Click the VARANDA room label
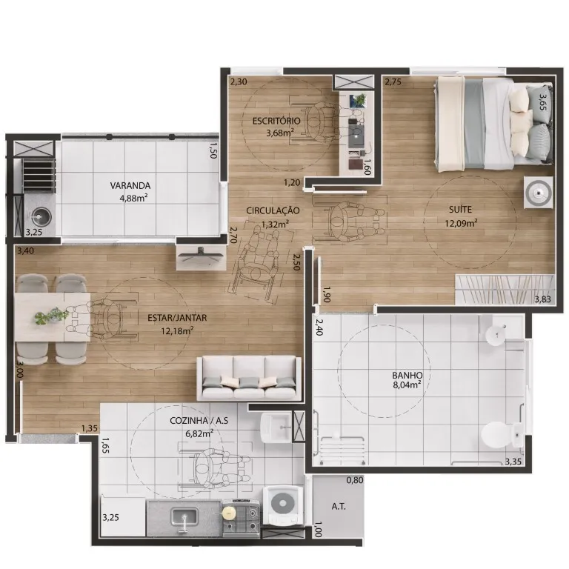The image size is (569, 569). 130,185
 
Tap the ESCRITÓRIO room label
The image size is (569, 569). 276,121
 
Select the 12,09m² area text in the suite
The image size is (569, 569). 461,223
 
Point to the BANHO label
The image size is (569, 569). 407,375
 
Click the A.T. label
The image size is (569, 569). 339,506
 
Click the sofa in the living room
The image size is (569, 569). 249,378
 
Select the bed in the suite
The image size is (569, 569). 494,124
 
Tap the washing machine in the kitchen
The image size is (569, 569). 283,505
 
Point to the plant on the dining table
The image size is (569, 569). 51,316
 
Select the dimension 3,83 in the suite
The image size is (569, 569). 542,299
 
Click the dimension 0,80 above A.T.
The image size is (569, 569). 355,480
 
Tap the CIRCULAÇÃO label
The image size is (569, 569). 273,210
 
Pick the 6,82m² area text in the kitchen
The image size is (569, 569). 199,433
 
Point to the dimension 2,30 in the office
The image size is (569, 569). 239,82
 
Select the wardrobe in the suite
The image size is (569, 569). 505,290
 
